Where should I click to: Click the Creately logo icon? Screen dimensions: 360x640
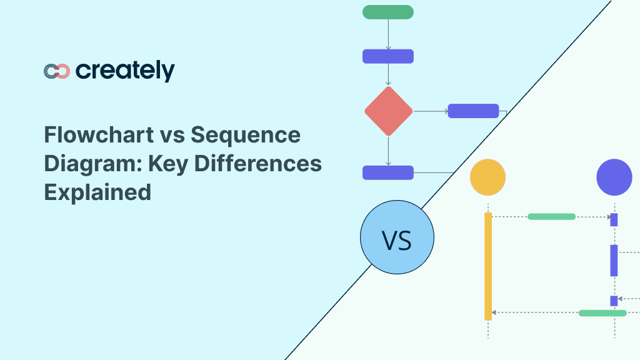(57, 71)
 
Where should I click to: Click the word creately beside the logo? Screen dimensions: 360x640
(125, 71)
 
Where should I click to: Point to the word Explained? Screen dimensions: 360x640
(97, 191)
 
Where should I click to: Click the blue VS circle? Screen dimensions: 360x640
(397, 237)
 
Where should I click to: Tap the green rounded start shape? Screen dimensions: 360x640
(387, 12)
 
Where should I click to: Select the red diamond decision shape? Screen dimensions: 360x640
(388, 111)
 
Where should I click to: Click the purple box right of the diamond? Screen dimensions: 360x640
(473, 111)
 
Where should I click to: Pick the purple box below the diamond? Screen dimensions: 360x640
(387, 172)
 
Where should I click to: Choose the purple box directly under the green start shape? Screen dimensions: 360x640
(387, 56)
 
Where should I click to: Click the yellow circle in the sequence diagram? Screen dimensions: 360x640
(487, 177)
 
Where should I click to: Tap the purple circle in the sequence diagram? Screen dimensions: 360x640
(614, 177)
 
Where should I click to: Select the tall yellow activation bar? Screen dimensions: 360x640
(488, 266)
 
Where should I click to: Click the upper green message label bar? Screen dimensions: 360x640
(551, 217)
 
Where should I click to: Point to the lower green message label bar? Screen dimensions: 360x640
(602, 312)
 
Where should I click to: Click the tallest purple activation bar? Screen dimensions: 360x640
(614, 261)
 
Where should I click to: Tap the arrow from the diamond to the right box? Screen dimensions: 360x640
(430, 111)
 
